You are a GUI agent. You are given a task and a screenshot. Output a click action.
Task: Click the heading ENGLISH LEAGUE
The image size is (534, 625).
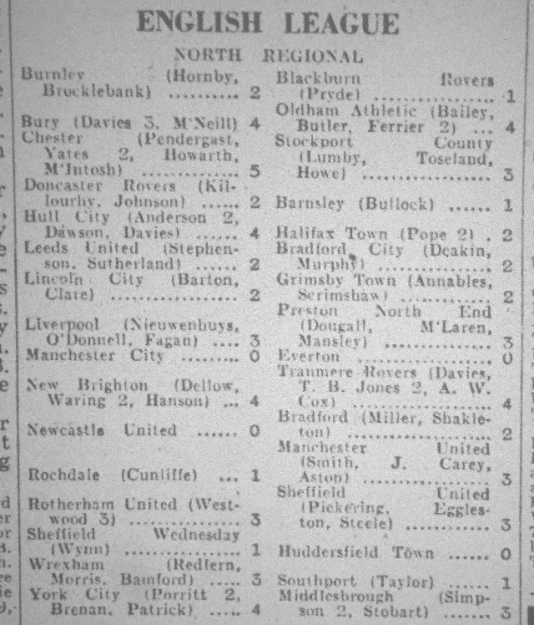pos(268,23)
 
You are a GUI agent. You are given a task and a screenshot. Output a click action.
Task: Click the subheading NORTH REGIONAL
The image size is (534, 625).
pos(268,57)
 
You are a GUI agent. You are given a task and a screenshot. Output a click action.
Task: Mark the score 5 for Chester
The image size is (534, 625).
pos(254,170)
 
